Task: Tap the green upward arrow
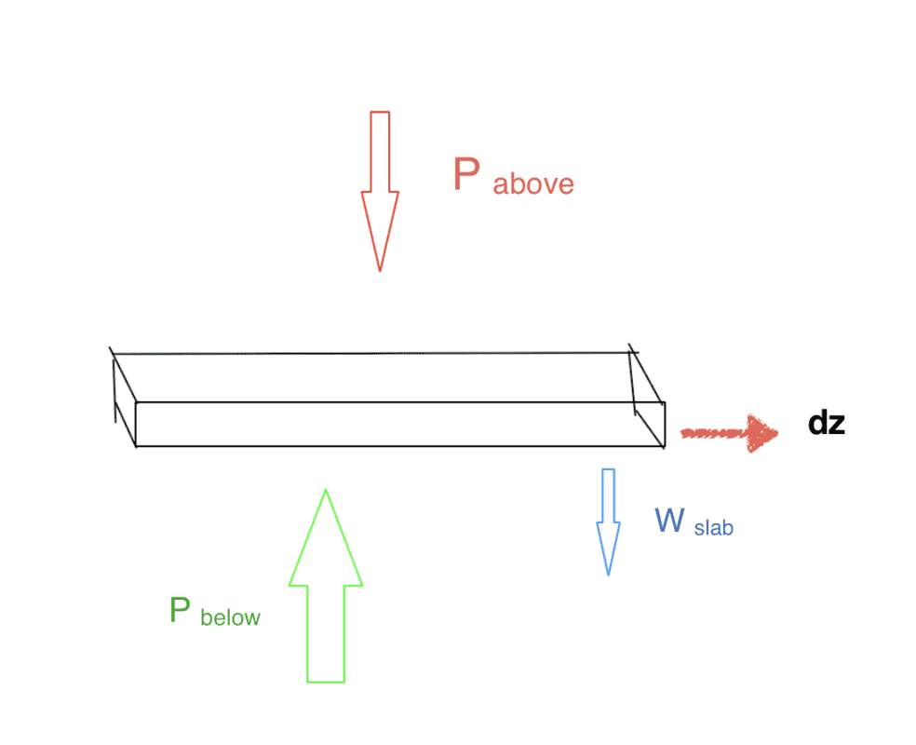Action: click(326, 587)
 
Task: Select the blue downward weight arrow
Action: click(609, 521)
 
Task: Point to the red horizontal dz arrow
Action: click(730, 433)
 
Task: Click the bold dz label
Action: click(826, 424)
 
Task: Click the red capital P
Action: click(466, 174)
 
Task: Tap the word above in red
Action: click(533, 183)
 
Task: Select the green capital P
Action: click(181, 611)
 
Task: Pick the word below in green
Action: click(230, 616)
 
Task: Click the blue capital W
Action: click(670, 520)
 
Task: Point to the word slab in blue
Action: click(714, 528)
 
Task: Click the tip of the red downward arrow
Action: click(380, 268)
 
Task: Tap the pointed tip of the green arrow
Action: click(326, 493)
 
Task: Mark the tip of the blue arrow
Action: click(609, 572)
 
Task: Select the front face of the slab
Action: click(400, 425)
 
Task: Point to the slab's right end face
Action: click(650, 410)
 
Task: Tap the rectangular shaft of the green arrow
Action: click(326, 633)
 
